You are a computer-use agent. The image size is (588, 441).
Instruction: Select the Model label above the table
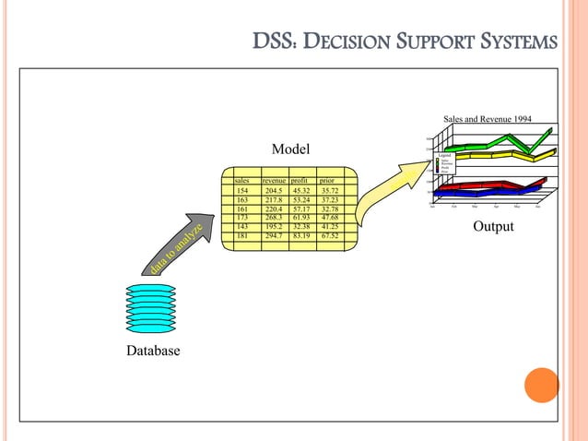pos(290,149)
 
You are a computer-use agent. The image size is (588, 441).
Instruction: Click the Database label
pos(154,352)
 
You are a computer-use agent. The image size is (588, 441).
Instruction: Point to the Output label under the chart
pos(493,226)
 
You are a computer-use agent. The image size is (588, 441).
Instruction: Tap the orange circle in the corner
pos(541,386)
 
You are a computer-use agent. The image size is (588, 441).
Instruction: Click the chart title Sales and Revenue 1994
pos(488,119)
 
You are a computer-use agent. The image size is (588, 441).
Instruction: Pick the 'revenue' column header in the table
pos(274,182)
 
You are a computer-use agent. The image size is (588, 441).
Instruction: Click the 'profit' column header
pos(300,182)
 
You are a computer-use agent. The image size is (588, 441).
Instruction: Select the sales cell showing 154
pos(242,191)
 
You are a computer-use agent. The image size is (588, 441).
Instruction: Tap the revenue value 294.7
pos(274,236)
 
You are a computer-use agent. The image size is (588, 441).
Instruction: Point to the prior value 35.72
pos(330,191)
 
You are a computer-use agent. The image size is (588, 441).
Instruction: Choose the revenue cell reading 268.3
pos(274,218)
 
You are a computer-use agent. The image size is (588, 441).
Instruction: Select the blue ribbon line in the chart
pos(479,191)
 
